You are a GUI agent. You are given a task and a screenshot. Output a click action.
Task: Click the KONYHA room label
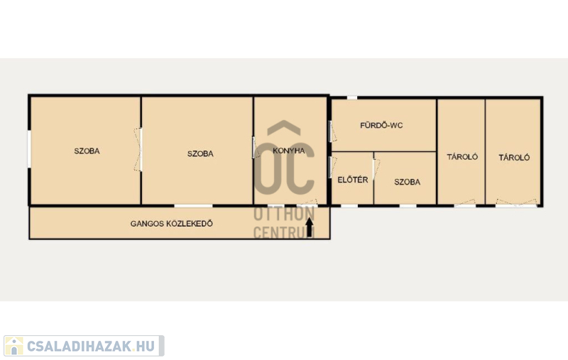(289, 151)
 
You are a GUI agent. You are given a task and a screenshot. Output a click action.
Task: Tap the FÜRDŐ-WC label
(381, 125)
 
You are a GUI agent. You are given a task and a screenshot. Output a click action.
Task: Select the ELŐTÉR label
(352, 180)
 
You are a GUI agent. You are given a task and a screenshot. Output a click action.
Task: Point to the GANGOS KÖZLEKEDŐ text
(171, 224)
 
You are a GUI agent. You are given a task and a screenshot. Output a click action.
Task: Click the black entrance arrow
(309, 227)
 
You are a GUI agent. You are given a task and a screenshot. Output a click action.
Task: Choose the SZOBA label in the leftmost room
(87, 151)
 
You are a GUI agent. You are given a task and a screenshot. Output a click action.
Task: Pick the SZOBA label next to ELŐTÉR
(407, 182)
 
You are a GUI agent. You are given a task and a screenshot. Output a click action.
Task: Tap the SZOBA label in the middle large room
(200, 153)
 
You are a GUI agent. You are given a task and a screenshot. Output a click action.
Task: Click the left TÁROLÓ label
(462, 157)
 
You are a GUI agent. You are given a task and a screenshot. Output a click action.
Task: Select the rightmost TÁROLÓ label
(514, 158)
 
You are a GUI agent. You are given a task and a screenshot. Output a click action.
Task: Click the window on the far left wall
(29, 149)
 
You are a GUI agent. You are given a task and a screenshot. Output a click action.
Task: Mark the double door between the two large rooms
(138, 149)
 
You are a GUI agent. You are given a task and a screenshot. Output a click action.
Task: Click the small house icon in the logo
(13, 346)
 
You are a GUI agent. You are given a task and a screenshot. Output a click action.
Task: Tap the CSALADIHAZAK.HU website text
(91, 346)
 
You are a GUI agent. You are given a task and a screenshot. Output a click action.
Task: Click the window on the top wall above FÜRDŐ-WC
(352, 97)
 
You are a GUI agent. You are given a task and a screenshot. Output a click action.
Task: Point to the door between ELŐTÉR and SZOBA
(376, 170)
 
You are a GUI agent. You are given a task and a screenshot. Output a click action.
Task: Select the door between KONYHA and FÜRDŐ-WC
(332, 131)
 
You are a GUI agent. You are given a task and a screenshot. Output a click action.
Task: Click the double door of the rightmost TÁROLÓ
(516, 203)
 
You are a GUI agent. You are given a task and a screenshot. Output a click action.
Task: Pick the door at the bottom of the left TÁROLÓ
(465, 203)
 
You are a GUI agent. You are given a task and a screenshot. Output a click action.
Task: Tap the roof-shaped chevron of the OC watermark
(284, 127)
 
